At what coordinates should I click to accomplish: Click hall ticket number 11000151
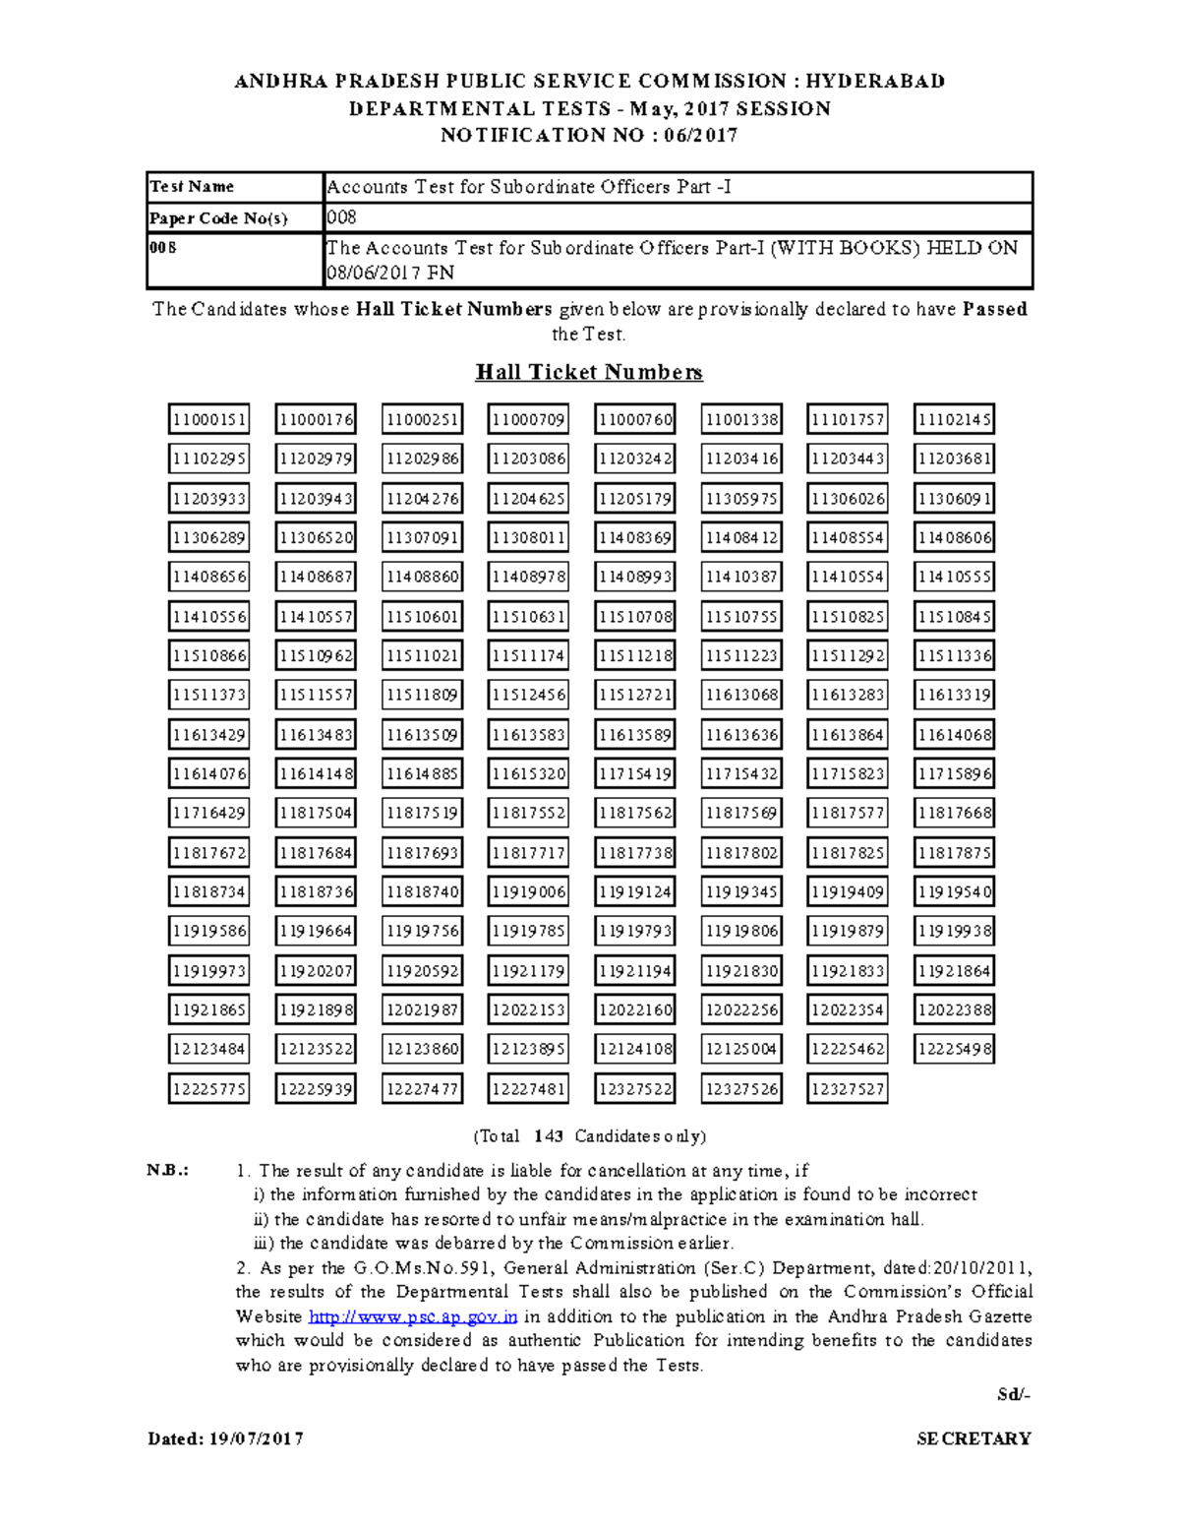[x=208, y=420]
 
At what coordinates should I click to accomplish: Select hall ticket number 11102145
[x=954, y=420]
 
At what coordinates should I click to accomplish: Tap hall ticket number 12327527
[x=848, y=1089]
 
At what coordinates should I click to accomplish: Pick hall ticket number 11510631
[x=528, y=617]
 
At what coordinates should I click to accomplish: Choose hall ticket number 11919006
[x=528, y=892]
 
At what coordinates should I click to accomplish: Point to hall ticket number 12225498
[x=954, y=1050]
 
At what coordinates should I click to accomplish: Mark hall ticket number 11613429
[x=208, y=735]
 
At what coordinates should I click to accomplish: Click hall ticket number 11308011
[x=528, y=538]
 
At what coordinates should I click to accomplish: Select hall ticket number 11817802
[x=741, y=853]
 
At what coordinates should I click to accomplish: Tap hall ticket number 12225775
[x=208, y=1089]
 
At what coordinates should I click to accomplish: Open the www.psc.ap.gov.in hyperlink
[x=413, y=1316]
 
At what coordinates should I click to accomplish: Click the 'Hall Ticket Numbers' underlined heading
[x=589, y=372]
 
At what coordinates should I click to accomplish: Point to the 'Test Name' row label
[x=192, y=187]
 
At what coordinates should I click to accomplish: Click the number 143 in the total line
[x=548, y=1136]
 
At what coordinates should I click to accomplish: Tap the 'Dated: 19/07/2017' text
[x=225, y=1438]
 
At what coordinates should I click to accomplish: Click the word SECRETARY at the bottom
[x=973, y=1438]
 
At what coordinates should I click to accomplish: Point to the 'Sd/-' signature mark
[x=1013, y=1394]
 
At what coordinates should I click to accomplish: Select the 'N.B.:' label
[x=167, y=1171]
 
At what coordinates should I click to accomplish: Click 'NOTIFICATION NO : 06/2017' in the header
[x=589, y=136]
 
